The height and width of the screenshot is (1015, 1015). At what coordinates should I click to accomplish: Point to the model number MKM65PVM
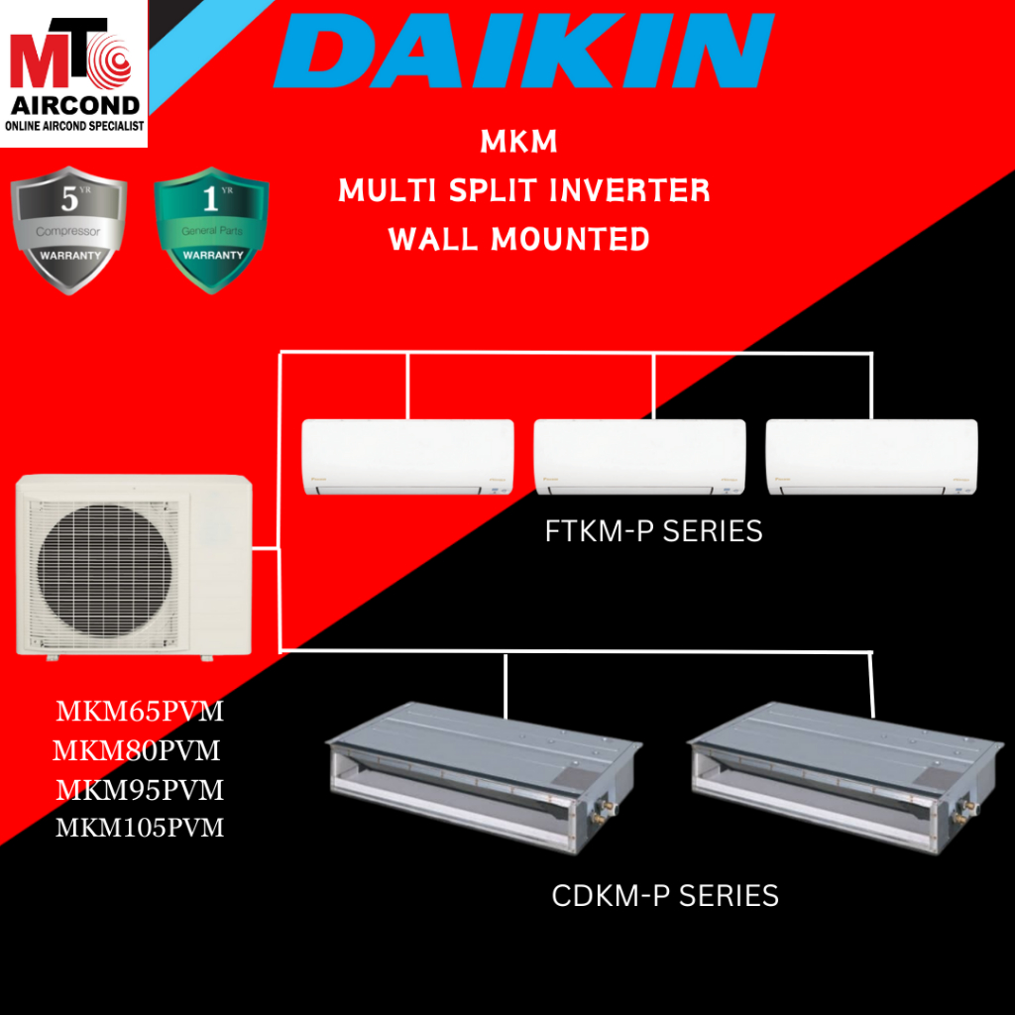click(x=140, y=713)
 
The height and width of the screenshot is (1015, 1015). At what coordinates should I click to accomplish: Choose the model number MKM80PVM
click(x=137, y=750)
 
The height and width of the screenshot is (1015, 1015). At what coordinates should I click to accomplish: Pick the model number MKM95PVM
click(x=140, y=790)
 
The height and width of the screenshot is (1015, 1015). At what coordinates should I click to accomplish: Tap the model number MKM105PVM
click(x=140, y=827)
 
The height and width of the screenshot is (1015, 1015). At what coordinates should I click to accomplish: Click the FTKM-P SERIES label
click(x=654, y=532)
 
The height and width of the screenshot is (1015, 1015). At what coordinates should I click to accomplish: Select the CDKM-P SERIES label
click(x=665, y=897)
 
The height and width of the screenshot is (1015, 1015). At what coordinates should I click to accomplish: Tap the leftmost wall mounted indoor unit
click(x=407, y=457)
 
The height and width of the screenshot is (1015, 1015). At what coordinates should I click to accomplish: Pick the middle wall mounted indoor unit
click(x=639, y=457)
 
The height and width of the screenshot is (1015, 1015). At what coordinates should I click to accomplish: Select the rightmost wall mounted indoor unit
click(x=871, y=457)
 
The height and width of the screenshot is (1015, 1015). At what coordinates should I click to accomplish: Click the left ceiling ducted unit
click(x=484, y=763)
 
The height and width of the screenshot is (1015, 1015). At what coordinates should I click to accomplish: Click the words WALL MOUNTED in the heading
click(x=519, y=239)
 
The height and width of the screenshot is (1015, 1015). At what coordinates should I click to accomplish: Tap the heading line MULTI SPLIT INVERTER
click(x=524, y=189)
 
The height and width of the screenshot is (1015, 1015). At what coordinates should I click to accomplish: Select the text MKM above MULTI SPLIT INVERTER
click(x=518, y=143)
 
